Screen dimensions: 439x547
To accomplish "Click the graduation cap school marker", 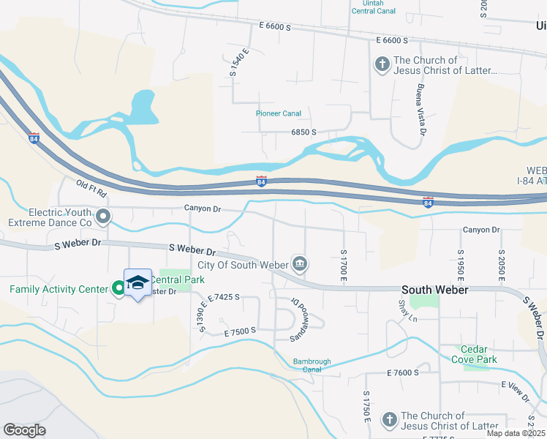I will point(137,283).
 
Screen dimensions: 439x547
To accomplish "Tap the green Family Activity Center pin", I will point(118,289).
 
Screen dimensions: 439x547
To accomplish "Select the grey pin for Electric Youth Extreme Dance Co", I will point(104,216).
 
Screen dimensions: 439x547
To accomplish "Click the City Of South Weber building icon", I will point(299,263).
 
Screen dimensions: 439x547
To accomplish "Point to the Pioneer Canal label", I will point(279,113).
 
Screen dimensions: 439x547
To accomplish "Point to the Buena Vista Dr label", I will point(420,110).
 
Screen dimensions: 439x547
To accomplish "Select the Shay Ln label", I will point(408,310).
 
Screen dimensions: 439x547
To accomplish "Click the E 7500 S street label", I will point(241,331).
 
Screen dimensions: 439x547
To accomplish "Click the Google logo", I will point(24,430).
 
